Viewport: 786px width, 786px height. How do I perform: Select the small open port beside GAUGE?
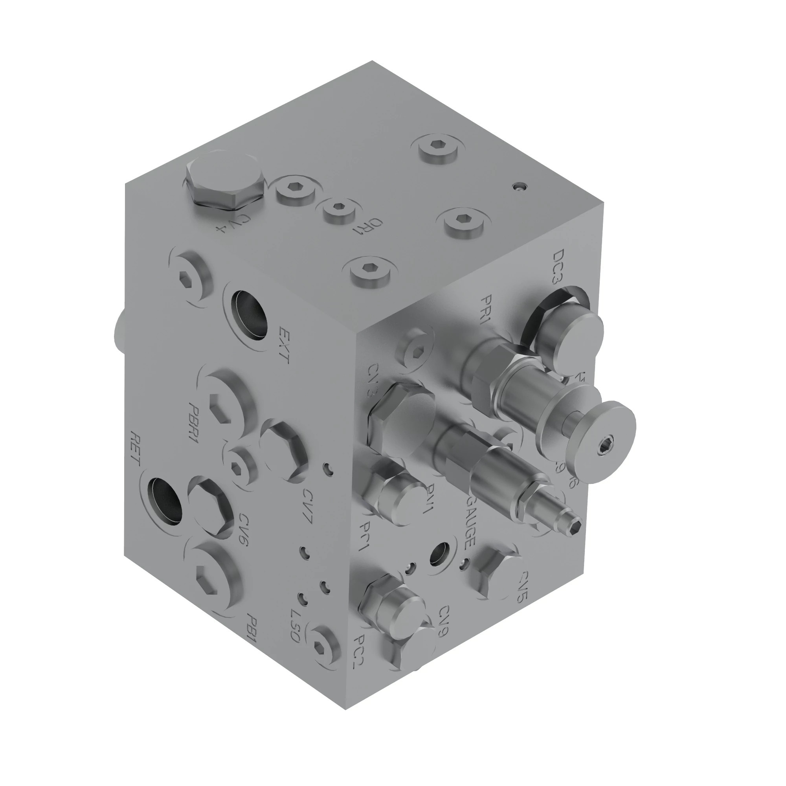coord(440,554)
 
